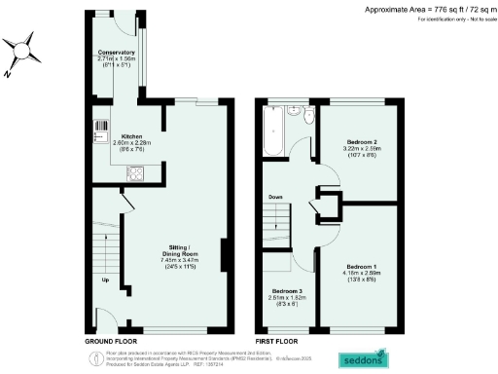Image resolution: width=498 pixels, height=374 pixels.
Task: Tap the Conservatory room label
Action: coord(116,52)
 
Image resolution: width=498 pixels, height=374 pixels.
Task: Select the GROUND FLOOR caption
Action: coord(112,343)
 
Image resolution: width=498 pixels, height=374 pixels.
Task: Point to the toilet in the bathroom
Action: coord(307,117)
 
